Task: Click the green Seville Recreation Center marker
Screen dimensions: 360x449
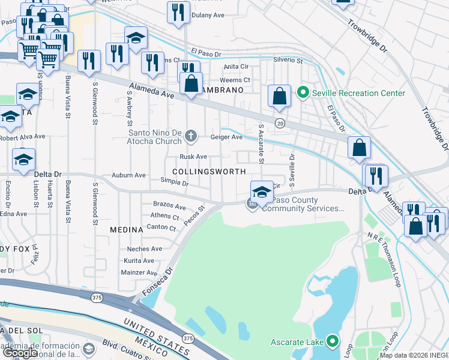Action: (x=303, y=93)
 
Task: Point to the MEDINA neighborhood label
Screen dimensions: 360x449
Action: (x=127, y=230)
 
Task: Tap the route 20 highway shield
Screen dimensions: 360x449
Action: (x=280, y=123)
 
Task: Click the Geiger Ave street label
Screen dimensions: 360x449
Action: (x=226, y=137)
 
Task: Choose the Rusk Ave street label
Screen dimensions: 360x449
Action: (x=193, y=157)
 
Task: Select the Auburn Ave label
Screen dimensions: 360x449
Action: (x=128, y=175)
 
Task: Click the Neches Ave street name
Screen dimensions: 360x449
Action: (x=145, y=249)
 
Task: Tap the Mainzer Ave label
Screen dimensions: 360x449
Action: (x=139, y=272)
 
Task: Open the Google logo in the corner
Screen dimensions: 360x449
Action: (x=20, y=353)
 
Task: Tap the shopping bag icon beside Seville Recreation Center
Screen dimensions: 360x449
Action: (x=279, y=97)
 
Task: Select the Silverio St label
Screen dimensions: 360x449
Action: (x=288, y=60)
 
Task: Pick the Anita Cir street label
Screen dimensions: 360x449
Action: (x=235, y=67)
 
